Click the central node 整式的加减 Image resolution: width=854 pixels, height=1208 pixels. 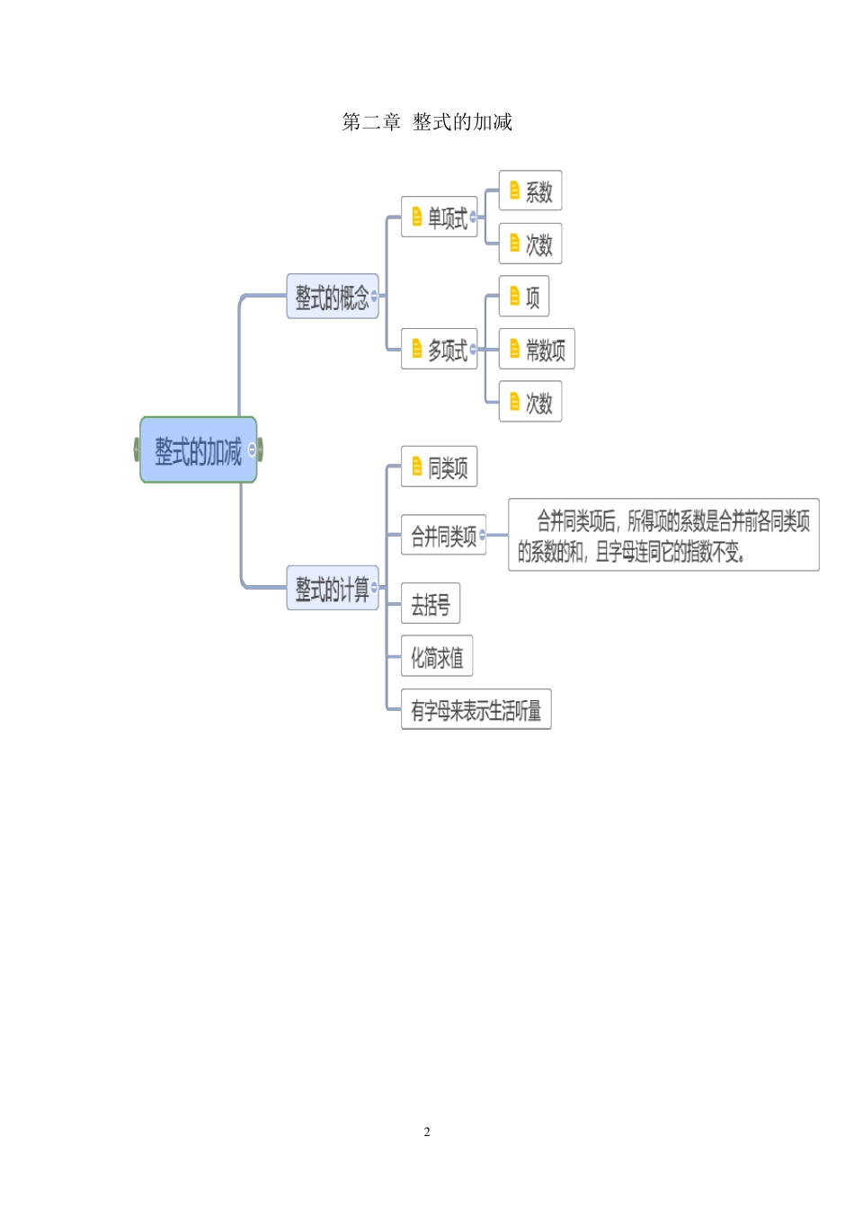click(x=198, y=449)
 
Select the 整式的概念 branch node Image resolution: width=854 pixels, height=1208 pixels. click(x=332, y=297)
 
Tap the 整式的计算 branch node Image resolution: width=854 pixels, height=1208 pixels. click(x=332, y=589)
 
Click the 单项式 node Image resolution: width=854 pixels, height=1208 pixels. click(x=440, y=217)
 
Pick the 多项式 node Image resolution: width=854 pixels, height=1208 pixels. click(x=440, y=349)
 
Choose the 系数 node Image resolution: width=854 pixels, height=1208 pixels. click(x=530, y=191)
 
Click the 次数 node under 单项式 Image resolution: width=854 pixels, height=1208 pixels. click(x=530, y=244)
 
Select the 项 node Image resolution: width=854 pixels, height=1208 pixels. click(x=524, y=297)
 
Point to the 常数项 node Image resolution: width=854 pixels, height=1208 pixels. click(x=537, y=349)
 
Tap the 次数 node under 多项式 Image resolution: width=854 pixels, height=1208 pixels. click(x=530, y=402)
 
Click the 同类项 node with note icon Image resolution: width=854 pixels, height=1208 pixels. click(x=440, y=466)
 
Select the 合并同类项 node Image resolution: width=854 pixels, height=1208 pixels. click(x=443, y=536)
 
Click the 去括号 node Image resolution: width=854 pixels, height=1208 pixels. click(x=431, y=604)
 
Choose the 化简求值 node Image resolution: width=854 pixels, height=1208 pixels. click(x=437, y=657)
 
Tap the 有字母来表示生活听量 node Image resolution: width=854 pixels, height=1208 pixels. click(x=476, y=710)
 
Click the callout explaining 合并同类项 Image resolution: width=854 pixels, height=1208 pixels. click(x=663, y=535)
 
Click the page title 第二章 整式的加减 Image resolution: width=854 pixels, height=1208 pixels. click(x=426, y=122)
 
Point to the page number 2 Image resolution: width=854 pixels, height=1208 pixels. click(x=427, y=1132)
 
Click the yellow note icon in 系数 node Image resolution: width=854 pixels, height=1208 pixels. click(x=514, y=191)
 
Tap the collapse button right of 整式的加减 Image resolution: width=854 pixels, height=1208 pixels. click(x=253, y=449)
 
